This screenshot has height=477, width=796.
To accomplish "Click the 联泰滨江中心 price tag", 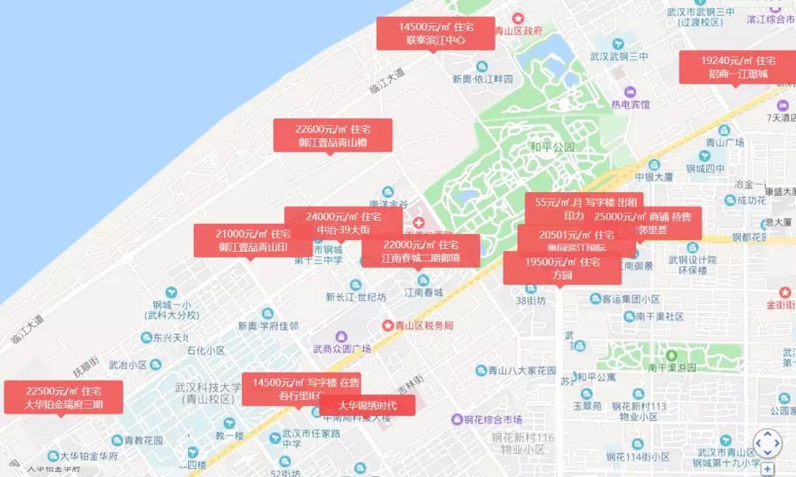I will [436, 33].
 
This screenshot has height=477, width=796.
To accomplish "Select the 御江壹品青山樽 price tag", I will [332, 135].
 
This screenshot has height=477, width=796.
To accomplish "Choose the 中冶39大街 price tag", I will [343, 222].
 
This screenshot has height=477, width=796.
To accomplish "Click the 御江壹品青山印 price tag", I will [243, 240].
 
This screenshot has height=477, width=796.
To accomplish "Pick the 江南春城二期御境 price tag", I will [420, 250].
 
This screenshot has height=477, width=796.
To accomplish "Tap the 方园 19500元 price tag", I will [562, 267].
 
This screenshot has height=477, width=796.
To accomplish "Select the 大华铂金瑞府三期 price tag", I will [63, 397].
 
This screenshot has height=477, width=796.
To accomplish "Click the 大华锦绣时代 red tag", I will [367, 405].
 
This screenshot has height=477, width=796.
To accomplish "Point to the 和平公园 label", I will [552, 147].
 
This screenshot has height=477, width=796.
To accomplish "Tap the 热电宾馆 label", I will [631, 104].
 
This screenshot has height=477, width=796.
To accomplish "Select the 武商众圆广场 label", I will [342, 348].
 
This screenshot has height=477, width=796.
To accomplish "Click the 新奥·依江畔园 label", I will [482, 79].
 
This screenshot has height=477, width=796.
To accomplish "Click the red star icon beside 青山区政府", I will [518, 18].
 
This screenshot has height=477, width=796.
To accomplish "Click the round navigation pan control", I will [767, 443].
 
